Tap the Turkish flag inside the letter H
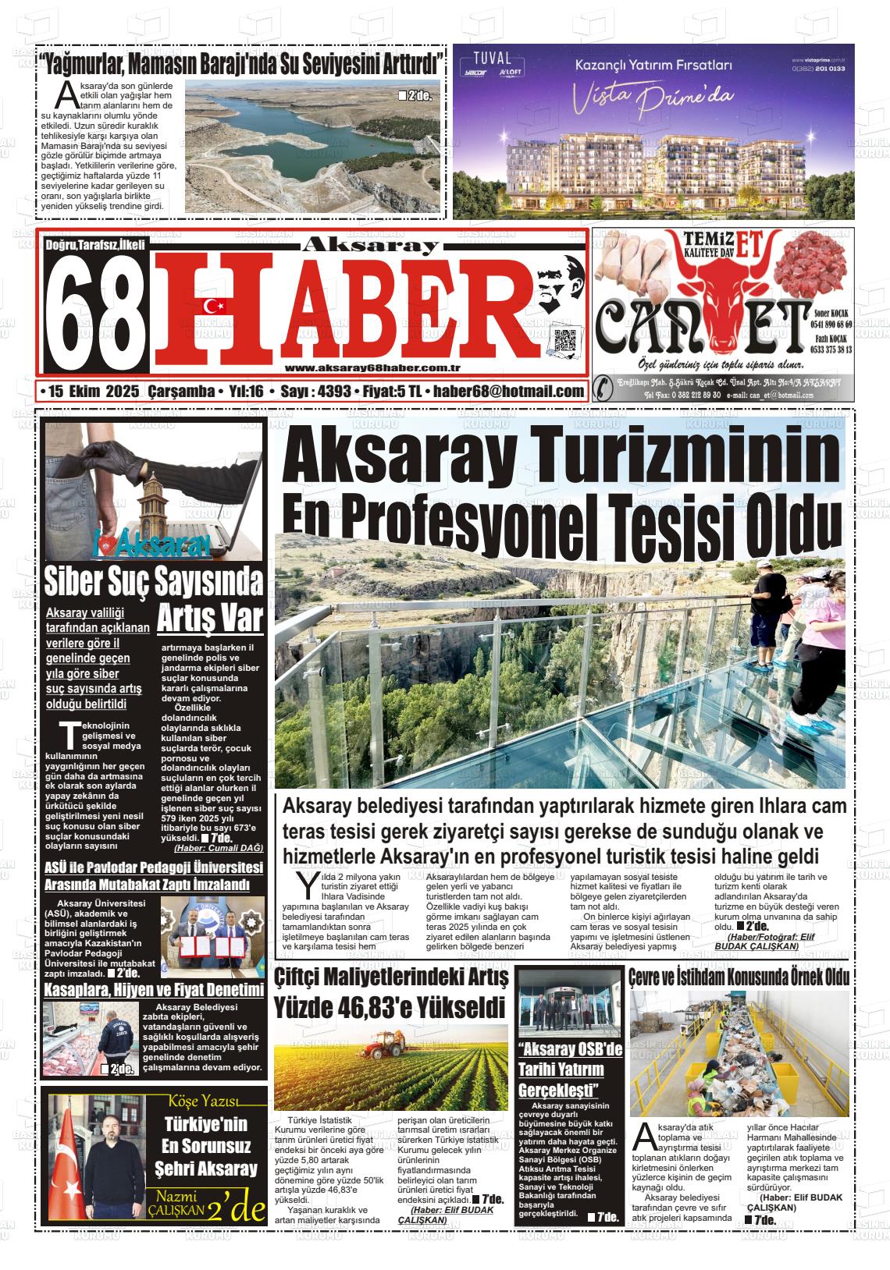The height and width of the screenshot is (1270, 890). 213,307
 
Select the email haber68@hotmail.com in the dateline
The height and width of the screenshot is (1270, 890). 509,391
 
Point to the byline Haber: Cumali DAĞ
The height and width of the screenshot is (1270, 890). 218,848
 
